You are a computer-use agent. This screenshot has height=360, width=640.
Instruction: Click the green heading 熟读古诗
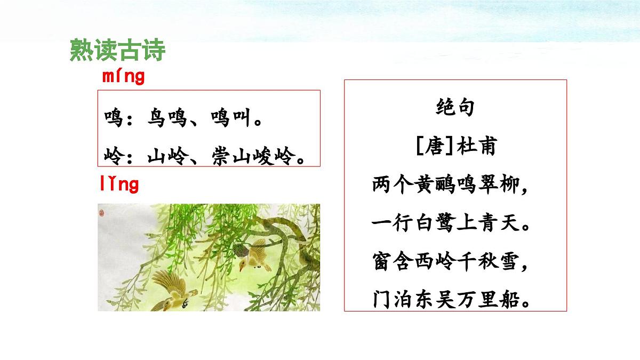pyautogui.click(x=117, y=51)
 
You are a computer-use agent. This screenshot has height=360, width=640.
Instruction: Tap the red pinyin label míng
pyautogui.click(x=123, y=77)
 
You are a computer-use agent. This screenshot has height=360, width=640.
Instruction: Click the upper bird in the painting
pyautogui.click(x=252, y=254)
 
